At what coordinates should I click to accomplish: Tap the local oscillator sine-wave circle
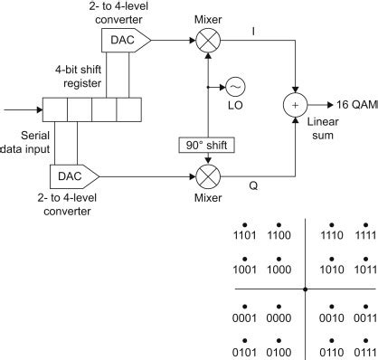click(235, 87)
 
